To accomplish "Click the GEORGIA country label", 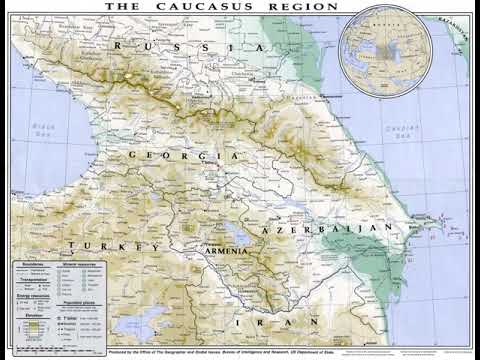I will coord(186,157).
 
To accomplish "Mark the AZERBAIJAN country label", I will coord(312,230).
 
